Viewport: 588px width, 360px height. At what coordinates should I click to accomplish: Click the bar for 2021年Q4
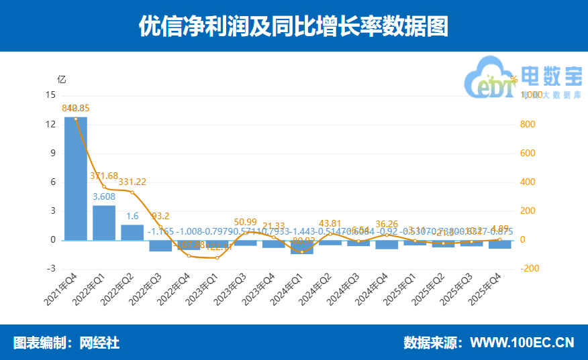point(76,178)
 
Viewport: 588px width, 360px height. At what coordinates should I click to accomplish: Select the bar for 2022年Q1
point(104,223)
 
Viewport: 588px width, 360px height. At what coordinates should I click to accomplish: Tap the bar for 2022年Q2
point(132,232)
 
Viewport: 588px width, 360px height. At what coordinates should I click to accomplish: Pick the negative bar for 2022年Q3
point(160,245)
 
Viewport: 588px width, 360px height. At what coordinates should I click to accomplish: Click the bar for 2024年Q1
point(301,247)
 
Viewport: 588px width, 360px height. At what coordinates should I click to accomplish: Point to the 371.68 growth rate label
point(104,176)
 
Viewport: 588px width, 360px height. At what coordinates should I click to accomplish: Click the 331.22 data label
point(132,182)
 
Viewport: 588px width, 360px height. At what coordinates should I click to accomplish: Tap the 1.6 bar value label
point(132,217)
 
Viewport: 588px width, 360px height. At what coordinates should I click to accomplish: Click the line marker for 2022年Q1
point(104,186)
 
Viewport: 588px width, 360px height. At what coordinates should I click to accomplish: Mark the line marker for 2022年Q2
point(132,192)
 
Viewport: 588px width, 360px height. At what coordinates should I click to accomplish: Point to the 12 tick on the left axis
point(51,125)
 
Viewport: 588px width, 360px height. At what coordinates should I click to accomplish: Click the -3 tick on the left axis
point(51,269)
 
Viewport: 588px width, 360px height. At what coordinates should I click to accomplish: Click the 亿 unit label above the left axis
point(62,79)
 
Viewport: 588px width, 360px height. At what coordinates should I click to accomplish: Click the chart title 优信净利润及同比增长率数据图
point(293,26)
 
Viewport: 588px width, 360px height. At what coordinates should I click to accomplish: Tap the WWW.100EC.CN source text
point(522,343)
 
